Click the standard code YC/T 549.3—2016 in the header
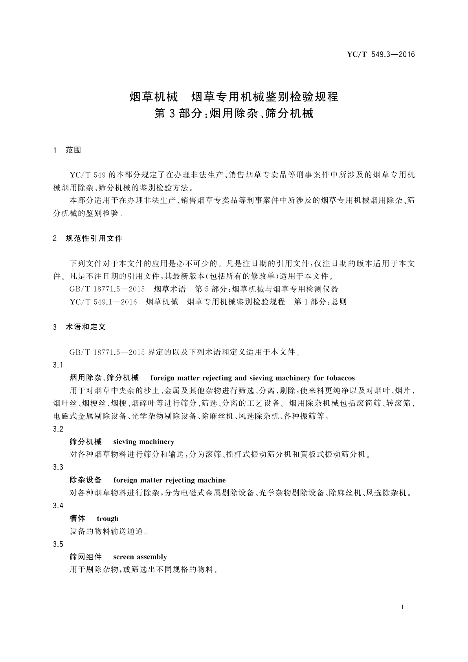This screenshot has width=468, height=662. pos(380,55)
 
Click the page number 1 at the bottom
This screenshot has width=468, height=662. pos(402,607)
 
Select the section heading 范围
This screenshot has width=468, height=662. pos(73,150)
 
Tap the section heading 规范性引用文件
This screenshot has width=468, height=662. pos(94,239)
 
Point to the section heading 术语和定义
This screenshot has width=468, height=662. pos(86,327)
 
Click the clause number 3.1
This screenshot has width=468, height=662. pos(58,365)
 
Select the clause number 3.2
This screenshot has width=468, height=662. pos(58,429)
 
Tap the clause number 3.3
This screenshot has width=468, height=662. pos(58,467)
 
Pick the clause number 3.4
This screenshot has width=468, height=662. pos(58,506)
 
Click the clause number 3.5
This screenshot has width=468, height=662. pos(58,544)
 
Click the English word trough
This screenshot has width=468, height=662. pos(107,519)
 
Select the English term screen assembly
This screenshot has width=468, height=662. pos(140,557)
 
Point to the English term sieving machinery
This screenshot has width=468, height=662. pos(143,442)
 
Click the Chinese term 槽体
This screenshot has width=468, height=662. pos(77,519)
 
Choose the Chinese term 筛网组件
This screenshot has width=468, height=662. pos(86,557)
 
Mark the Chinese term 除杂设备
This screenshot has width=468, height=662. pos(86,480)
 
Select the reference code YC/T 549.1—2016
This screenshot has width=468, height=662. pos(103,302)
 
